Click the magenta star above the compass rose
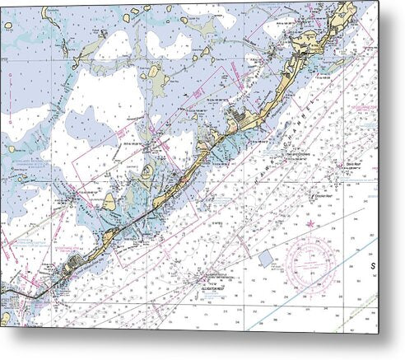click(310, 222)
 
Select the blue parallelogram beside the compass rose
click(266, 258)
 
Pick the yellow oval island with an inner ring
click(147, 172)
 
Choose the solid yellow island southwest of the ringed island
click(109, 202)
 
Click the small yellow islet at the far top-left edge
click(7, 26)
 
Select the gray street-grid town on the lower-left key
click(72, 264)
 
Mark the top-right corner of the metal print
click(379, 2)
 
